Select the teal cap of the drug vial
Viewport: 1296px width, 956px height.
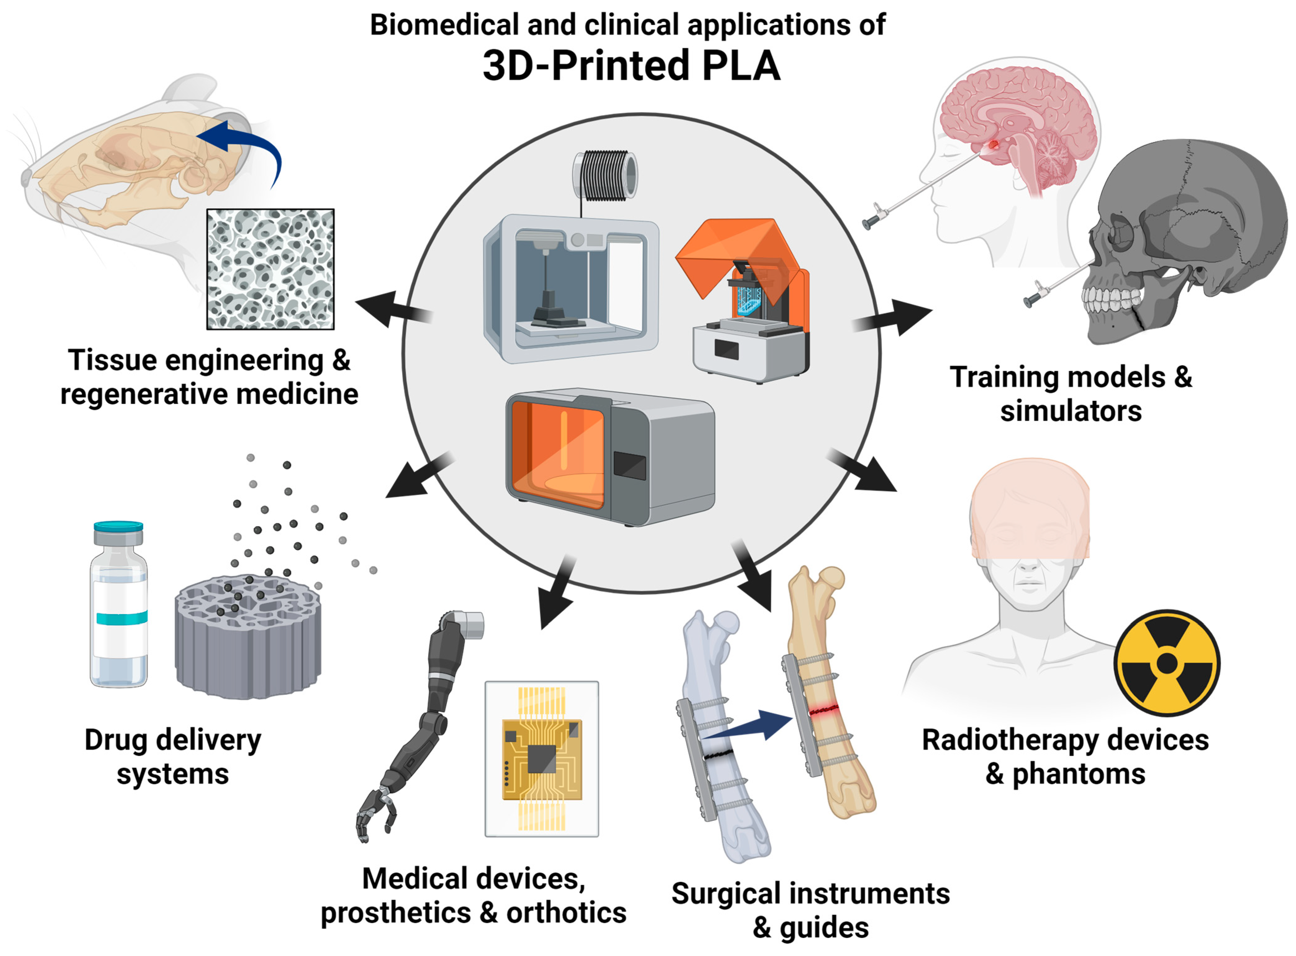[x=119, y=527]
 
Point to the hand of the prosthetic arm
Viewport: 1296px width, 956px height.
[x=375, y=813]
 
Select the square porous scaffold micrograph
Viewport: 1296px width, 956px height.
[x=270, y=269]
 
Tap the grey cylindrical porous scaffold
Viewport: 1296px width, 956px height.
[x=248, y=637]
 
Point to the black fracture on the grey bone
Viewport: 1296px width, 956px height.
[x=718, y=754]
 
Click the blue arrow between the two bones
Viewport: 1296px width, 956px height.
[x=752, y=726]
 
